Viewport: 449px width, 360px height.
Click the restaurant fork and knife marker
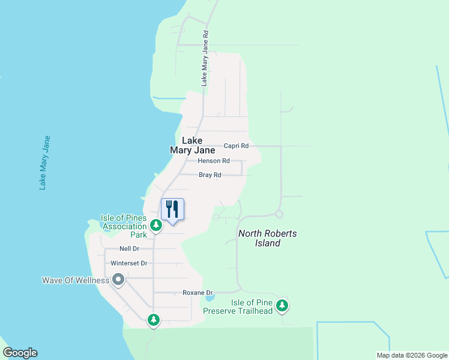[x=172, y=209]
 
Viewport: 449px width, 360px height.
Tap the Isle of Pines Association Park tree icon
[x=155, y=226]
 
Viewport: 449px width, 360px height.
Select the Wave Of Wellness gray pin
[x=118, y=280]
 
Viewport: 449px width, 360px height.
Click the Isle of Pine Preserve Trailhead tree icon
[x=282, y=306]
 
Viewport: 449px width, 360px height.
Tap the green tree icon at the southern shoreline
[x=154, y=320]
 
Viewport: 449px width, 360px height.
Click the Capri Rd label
[x=236, y=146]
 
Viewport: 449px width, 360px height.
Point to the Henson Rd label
[x=214, y=161]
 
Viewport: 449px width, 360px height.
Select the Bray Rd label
[x=210, y=175]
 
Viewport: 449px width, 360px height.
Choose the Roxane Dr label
[x=197, y=293]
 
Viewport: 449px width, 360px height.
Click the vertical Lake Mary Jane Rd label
[x=205, y=59]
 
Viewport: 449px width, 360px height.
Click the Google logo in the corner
[x=20, y=353]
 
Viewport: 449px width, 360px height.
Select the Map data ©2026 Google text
[x=411, y=355]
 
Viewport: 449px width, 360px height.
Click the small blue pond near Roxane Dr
[x=209, y=298]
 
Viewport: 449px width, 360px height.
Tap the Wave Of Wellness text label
[x=76, y=280]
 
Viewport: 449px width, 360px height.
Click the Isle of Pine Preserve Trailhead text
[x=238, y=306]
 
